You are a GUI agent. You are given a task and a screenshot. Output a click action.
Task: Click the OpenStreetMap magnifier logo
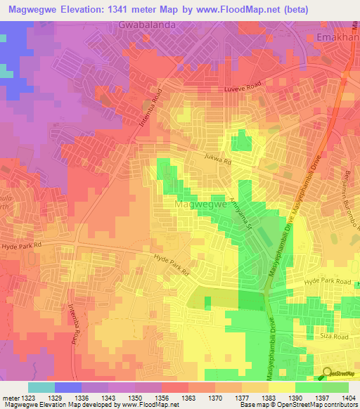[x=327, y=375]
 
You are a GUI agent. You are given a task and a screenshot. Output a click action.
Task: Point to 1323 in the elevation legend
[x=27, y=398]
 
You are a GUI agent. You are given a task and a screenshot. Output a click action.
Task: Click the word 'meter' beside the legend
[x=10, y=398]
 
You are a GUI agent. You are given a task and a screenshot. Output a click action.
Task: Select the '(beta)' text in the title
[x=336, y=9]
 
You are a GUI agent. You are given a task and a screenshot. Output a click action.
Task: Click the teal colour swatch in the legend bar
[x=41, y=387]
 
